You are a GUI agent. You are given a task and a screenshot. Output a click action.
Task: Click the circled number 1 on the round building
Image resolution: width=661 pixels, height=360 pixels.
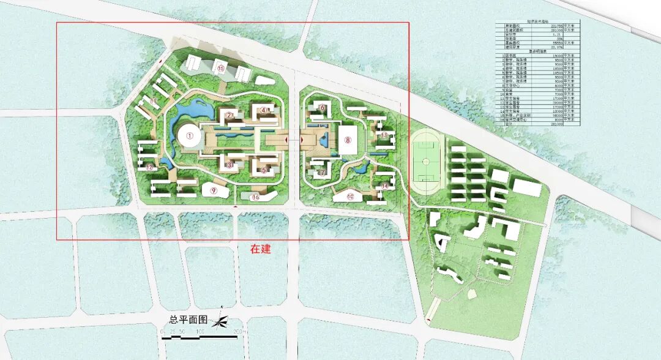[190, 135]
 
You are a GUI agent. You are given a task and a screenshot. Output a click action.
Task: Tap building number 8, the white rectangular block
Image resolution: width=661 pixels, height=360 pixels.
[348, 140]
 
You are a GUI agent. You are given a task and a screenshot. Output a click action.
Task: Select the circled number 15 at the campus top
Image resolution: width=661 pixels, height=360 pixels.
[220, 69]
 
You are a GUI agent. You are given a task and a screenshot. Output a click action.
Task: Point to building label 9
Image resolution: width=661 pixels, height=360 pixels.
[214, 190]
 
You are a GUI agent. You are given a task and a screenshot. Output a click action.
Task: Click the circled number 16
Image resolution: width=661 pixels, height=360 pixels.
[256, 197]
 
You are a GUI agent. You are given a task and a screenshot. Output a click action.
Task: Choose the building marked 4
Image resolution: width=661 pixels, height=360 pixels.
[264, 110]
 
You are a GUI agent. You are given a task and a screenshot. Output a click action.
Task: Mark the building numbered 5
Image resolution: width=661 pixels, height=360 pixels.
[264, 170]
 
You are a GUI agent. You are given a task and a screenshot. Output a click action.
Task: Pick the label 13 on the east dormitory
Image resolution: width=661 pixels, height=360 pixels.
[384, 135]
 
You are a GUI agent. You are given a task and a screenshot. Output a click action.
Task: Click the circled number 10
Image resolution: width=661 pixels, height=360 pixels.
[350, 197]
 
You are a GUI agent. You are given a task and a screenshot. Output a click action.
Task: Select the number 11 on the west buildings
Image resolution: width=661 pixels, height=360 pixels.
[154, 101]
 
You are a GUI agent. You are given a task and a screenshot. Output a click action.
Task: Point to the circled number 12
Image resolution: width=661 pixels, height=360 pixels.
[150, 167]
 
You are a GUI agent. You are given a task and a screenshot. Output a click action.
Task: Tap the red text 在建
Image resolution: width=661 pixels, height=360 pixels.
[260, 249]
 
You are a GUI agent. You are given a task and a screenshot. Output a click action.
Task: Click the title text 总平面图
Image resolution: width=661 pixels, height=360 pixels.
[188, 320]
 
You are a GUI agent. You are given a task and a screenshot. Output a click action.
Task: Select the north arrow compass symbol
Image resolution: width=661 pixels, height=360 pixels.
[221, 320]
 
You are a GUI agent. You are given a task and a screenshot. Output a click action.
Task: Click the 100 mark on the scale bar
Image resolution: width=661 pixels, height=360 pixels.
[200, 331]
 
